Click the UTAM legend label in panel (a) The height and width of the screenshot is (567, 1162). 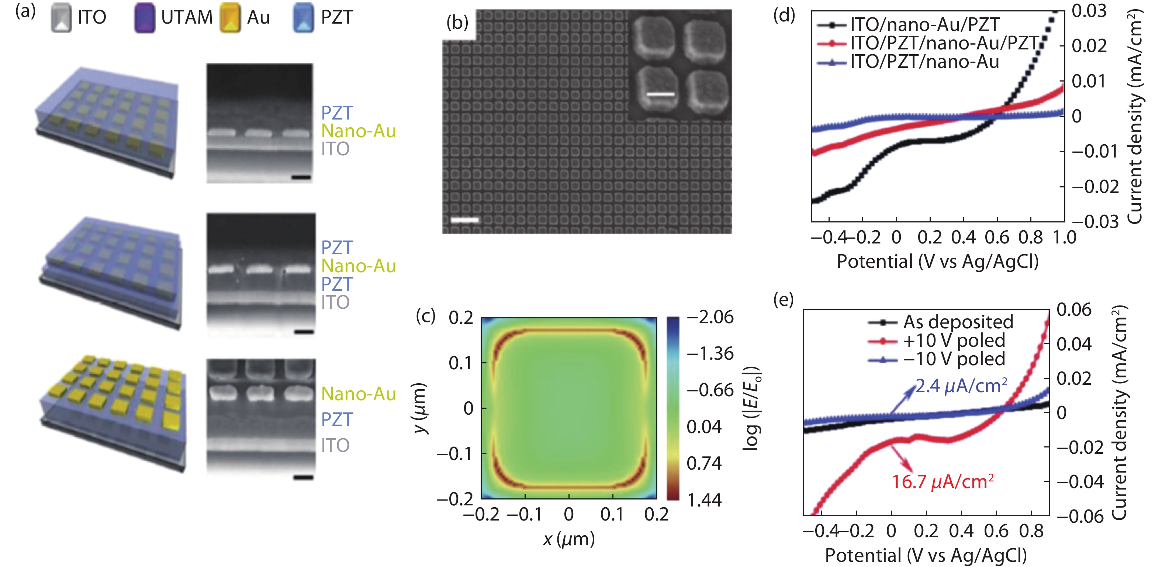187,18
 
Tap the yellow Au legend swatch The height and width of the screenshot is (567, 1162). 230,18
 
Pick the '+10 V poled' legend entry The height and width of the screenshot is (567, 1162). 954,340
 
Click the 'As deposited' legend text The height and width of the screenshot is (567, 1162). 958,322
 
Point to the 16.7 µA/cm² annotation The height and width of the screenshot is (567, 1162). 942,482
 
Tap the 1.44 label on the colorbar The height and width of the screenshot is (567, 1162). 704,500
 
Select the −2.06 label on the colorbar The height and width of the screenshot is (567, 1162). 710,317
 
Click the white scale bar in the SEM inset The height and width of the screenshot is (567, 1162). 660,94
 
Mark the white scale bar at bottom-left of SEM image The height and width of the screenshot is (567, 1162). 464,220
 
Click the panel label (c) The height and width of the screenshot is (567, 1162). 425,316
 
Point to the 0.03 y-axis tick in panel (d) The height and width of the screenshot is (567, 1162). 1089,11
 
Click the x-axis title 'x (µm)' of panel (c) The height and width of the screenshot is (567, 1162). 568,539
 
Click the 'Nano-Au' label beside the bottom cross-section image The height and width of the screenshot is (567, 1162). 359,394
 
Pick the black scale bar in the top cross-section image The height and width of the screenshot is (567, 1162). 301,177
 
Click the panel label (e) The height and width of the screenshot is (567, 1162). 784,300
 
